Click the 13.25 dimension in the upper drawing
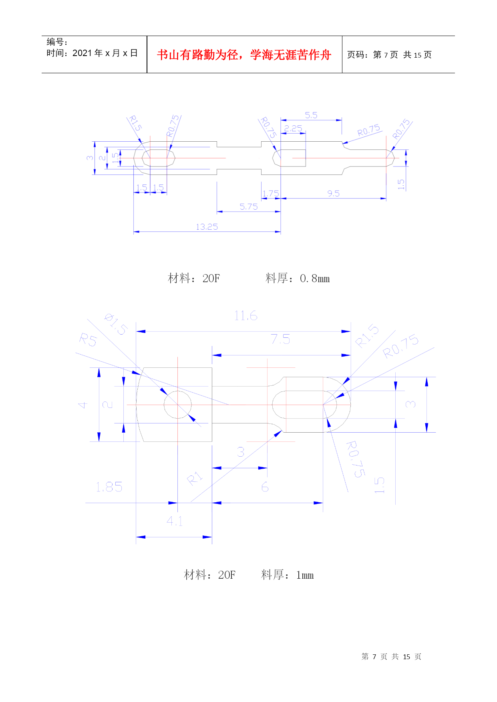pos(207,227)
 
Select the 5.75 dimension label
pos(248,207)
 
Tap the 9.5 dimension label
pos(333,194)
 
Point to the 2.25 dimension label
pos(293,128)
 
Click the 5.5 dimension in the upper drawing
pos(311,115)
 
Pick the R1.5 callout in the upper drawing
pos(135,123)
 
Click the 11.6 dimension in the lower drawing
pos(245,316)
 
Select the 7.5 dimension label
pos(280,339)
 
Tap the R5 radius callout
pos(88,340)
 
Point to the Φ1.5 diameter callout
pos(116,324)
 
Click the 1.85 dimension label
pos(109,487)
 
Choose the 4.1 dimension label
pos(175,521)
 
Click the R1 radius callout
pos(195,478)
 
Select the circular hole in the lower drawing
pos(177,405)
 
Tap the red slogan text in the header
pos(244,55)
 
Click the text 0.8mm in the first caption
pos(314,279)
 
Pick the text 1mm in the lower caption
pos(305,575)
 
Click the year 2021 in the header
pos(82,53)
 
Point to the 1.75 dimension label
pos(271,194)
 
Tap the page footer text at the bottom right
pos(391,657)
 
